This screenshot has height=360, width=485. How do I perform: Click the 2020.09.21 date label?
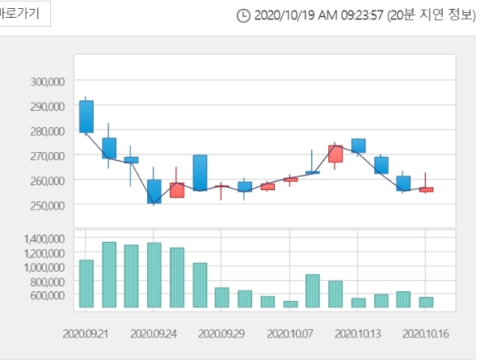85,332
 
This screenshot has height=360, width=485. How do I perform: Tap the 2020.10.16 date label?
426,332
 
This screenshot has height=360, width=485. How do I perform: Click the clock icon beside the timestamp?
243,15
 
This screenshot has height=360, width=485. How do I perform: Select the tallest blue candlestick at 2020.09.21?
86,116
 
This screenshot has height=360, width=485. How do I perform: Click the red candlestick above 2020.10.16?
426,189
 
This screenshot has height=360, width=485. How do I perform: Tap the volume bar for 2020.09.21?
86,283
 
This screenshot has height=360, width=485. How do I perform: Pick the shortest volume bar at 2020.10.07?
290,304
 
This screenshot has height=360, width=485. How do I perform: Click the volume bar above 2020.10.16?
426,302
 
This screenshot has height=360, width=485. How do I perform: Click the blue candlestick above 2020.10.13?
358,146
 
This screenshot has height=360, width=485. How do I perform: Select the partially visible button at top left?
24,14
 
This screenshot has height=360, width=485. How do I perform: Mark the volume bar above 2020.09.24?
154,275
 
